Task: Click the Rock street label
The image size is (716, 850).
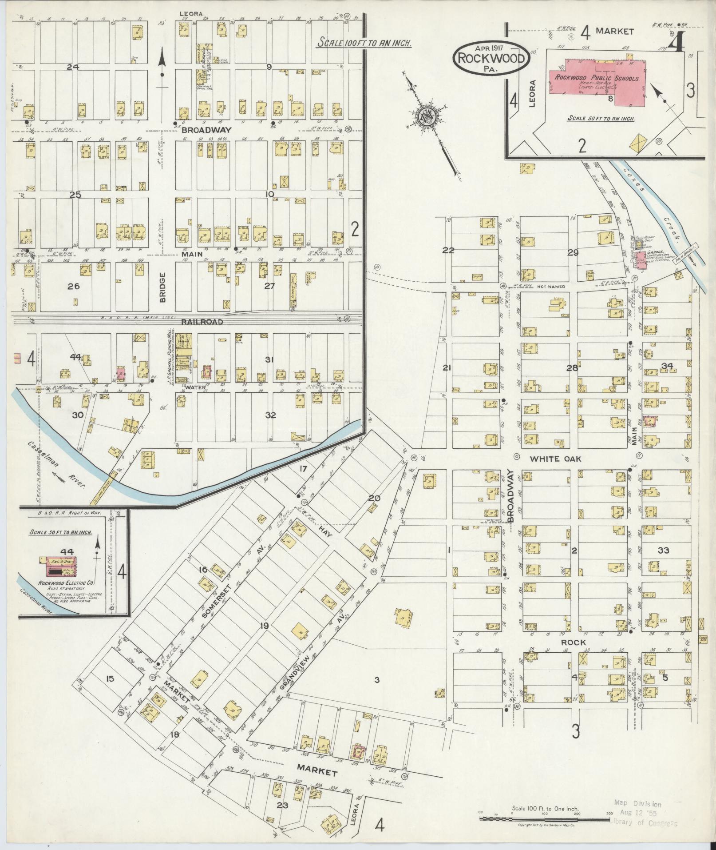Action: pos(573,643)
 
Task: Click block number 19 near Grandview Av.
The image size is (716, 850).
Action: pos(265,627)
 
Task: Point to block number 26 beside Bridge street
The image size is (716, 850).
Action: pos(73,287)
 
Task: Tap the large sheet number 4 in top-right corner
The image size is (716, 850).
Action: pos(677,44)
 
